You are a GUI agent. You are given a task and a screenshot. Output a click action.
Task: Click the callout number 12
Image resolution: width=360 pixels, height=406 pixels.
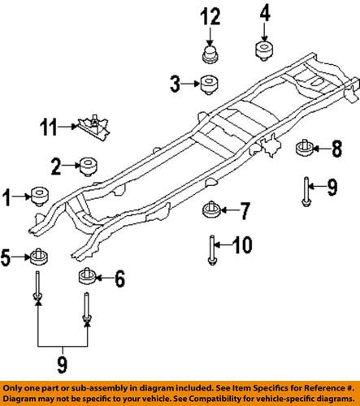211,15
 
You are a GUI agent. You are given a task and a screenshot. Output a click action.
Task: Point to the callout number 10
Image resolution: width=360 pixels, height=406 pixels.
243,244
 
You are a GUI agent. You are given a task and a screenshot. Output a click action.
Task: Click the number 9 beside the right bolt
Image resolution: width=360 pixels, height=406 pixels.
332,188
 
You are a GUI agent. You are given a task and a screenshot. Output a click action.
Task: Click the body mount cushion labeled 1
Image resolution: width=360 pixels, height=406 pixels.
39,197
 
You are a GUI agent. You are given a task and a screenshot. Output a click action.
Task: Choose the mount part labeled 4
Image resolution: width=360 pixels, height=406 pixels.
265,50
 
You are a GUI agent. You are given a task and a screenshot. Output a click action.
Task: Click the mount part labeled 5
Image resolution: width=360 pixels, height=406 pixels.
37,257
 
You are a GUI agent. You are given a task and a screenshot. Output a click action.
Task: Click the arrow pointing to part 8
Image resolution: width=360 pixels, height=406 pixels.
321,148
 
